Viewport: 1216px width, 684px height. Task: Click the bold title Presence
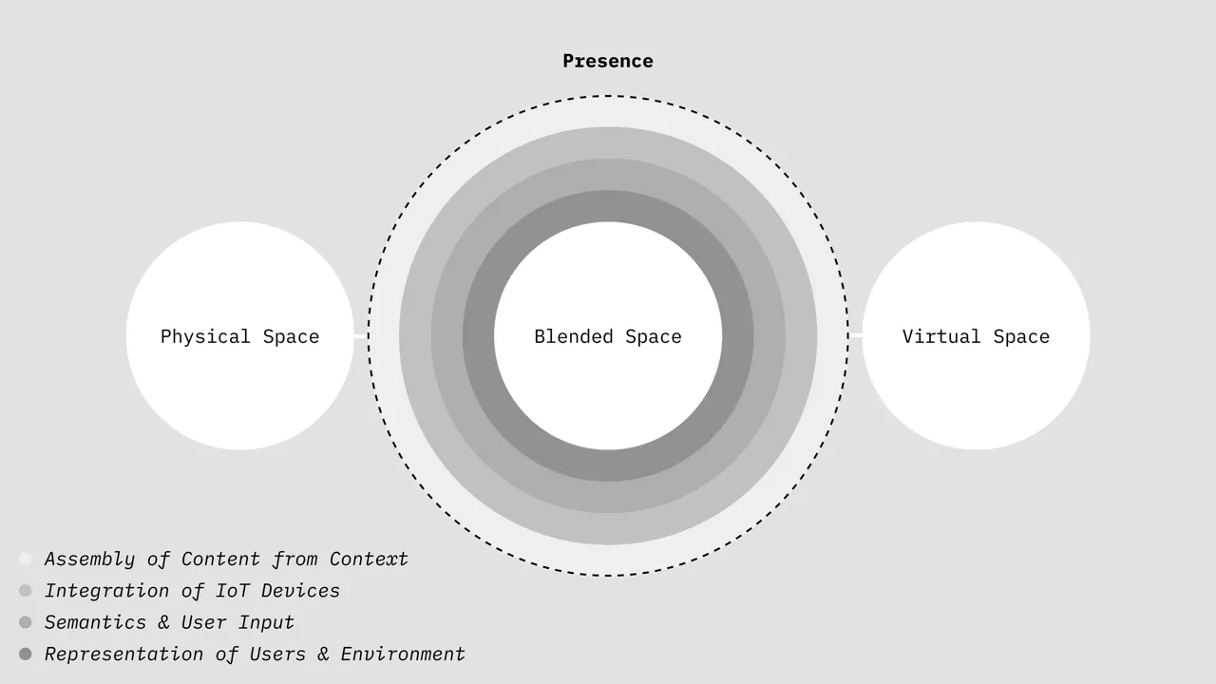(x=607, y=62)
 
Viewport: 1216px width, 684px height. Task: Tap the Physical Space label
(x=239, y=337)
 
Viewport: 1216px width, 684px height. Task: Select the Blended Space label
(x=607, y=337)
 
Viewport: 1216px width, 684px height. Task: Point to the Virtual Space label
(x=976, y=337)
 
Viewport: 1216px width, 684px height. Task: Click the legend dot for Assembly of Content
(x=26, y=560)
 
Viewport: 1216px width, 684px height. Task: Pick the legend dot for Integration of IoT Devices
(x=26, y=591)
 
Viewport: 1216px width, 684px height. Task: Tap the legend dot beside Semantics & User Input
(x=26, y=622)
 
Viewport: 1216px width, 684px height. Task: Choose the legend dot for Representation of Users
(x=26, y=654)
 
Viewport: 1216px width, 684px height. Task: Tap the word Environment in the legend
(x=403, y=655)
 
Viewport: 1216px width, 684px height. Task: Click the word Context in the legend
(x=369, y=560)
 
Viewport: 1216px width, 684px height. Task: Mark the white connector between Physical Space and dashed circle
(x=361, y=335)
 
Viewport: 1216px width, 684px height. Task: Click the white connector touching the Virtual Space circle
(x=855, y=335)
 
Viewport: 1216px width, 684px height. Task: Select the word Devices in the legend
(x=300, y=591)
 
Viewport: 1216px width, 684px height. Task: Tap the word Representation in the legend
(x=118, y=655)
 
